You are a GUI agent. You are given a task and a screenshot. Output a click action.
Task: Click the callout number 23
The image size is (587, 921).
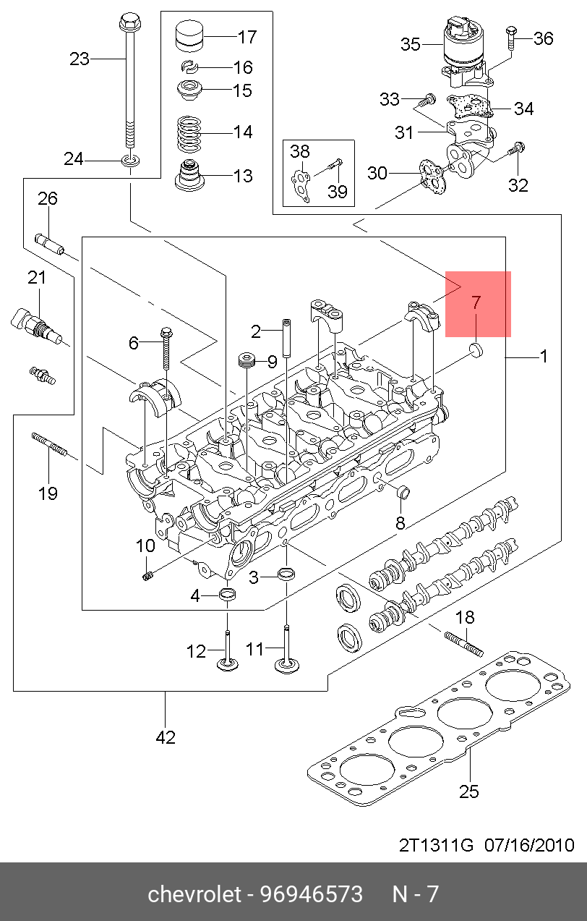pos(80,59)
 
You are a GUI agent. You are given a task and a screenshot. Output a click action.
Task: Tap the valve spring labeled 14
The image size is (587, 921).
pos(189,134)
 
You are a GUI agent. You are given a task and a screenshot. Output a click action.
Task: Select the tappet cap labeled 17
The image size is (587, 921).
pos(189,36)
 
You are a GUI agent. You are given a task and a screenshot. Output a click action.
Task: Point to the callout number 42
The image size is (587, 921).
pos(166,738)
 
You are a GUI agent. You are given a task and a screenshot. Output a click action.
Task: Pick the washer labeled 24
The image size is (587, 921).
pos(130,160)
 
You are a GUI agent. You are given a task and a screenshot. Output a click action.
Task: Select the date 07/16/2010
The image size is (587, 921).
pos(529,845)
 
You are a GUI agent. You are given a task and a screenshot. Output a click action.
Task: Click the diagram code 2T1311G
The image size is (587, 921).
pos(436,845)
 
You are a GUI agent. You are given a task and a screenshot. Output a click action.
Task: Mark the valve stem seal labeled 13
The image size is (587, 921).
pos(189,175)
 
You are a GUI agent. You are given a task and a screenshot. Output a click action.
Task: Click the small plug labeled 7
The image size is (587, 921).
pos(476,351)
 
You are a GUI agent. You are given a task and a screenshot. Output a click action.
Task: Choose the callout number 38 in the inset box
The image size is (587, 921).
pos(299,152)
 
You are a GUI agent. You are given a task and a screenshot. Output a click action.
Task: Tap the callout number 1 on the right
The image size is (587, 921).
pos(544,357)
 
